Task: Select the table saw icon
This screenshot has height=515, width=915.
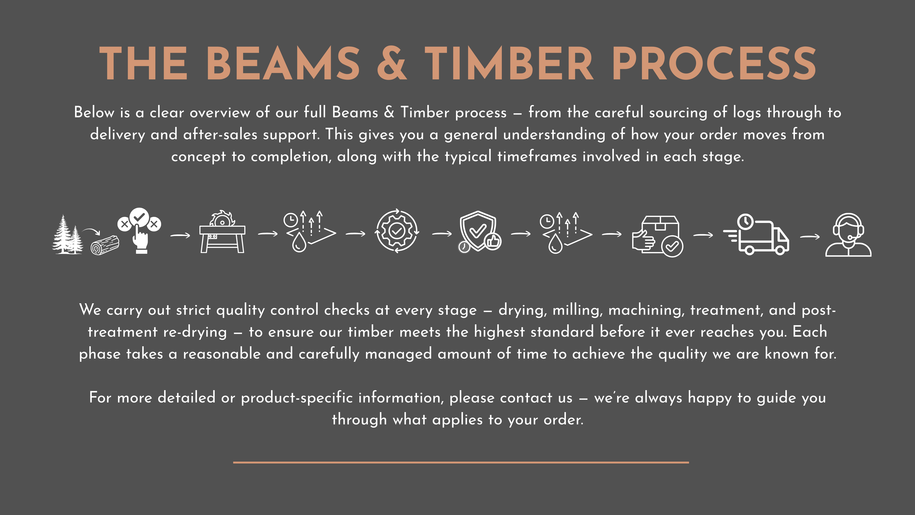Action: [x=222, y=231]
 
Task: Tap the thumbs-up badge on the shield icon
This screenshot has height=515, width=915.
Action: [x=493, y=242]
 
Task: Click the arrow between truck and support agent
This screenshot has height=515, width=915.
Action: [x=810, y=236]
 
